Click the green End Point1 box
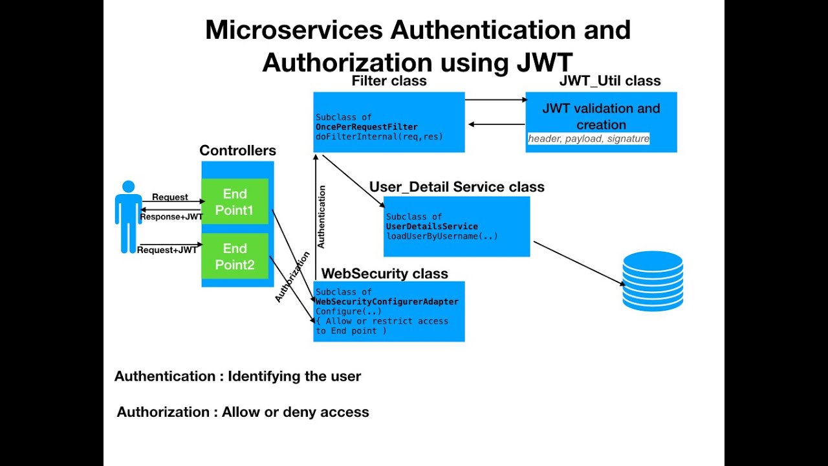point(235,201)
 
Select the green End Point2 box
point(235,256)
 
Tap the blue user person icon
point(128,216)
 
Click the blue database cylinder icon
point(653,281)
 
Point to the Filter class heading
point(389,81)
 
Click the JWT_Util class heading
point(609,81)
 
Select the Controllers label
point(237,151)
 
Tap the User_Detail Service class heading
point(457,187)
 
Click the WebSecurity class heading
point(384,274)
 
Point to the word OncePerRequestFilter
point(366,127)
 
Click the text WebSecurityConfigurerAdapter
point(387,302)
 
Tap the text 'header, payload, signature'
point(588,139)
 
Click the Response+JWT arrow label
point(171,217)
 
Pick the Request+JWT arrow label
point(168,250)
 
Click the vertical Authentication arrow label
point(321,217)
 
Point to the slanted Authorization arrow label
point(292,277)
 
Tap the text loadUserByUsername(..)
point(442,236)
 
